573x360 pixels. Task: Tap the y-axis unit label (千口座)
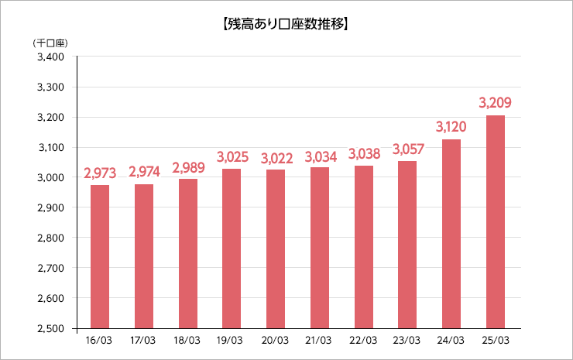[x=50, y=43]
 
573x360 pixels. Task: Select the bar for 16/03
[x=100, y=256]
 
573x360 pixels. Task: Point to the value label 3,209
[x=496, y=102]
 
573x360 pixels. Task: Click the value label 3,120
[x=451, y=126]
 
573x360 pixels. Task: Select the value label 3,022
[x=276, y=158]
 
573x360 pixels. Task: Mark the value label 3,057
[x=407, y=148]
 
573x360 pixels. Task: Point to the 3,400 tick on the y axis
[x=52, y=57]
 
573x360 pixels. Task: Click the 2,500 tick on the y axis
[x=52, y=328]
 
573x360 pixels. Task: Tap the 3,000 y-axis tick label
[x=52, y=177]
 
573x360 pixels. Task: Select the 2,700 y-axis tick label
[x=52, y=268]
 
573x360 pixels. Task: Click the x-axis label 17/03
[x=144, y=340]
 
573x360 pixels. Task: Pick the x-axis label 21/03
[x=320, y=340]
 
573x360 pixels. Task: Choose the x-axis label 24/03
[x=451, y=340]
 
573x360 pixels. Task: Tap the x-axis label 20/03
[x=276, y=340]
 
